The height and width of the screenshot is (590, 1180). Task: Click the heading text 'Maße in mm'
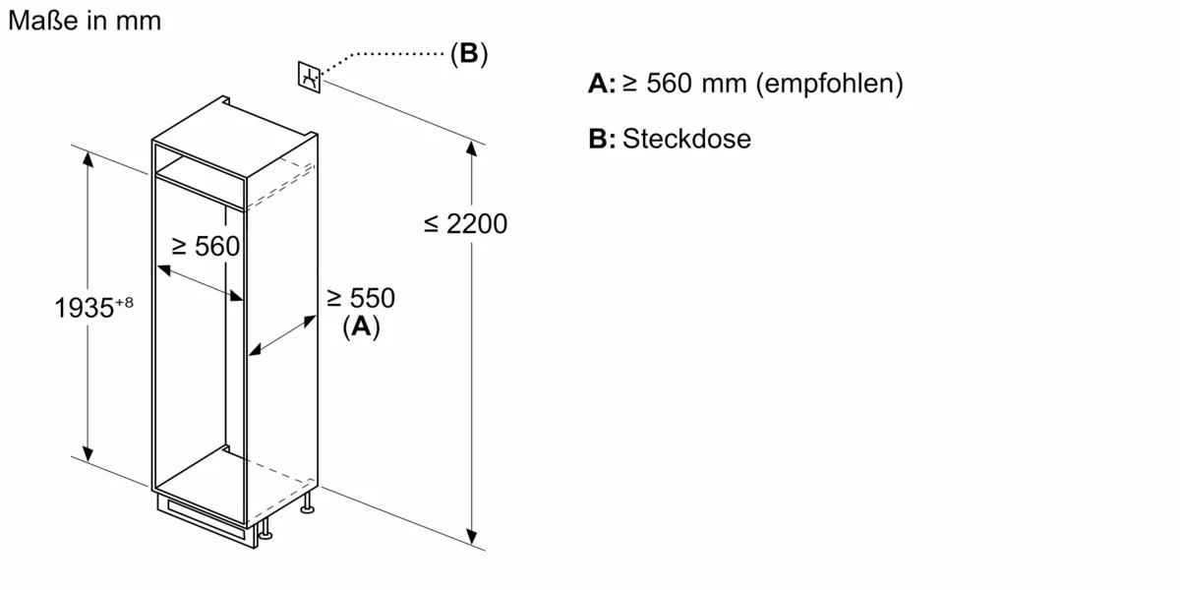coord(84,20)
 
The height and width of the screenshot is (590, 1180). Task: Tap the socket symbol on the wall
coord(309,77)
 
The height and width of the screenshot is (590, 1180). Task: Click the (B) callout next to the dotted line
coord(469,54)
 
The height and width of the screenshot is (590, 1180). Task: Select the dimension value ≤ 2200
coord(466,224)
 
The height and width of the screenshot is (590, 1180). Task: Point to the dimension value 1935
coord(84,309)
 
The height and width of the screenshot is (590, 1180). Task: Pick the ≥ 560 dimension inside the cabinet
coord(206,247)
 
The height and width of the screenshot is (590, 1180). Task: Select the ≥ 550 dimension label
coord(361,297)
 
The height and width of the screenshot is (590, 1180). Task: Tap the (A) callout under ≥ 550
coord(361,327)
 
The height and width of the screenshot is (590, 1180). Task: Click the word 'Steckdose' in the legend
coord(686,139)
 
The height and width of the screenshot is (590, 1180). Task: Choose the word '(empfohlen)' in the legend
coord(829,84)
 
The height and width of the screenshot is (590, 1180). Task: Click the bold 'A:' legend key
coord(602,84)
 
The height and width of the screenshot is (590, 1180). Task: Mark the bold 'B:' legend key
coord(602,139)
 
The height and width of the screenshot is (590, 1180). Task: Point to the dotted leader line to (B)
coord(388,54)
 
